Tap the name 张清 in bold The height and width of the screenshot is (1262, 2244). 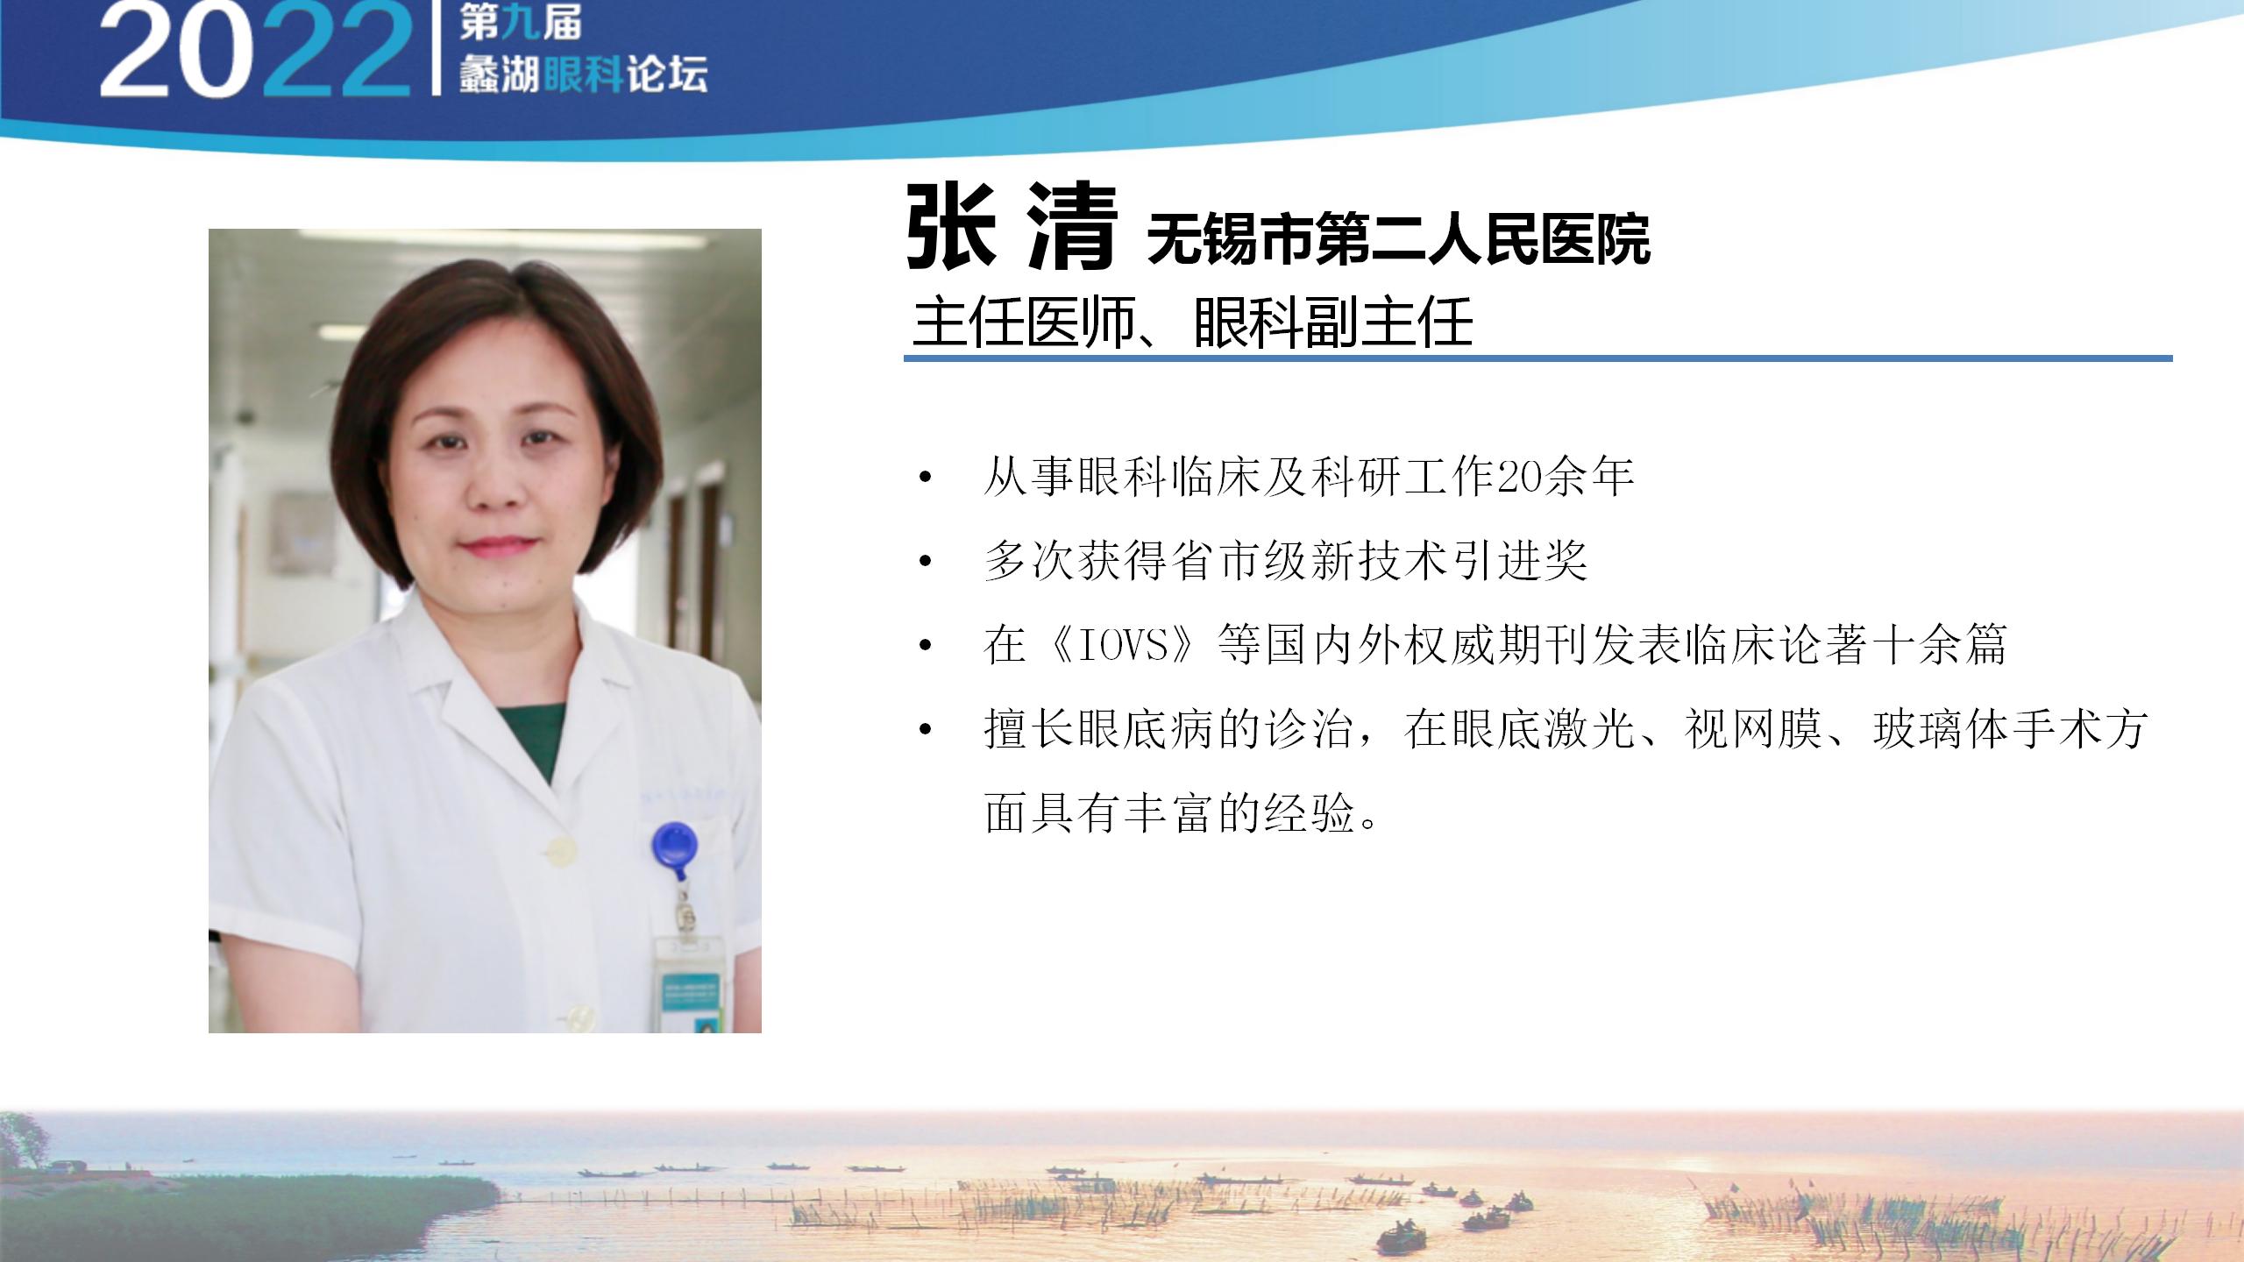1012,228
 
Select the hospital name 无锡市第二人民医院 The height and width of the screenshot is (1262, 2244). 1399,239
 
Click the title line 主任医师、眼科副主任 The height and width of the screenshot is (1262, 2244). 1192,323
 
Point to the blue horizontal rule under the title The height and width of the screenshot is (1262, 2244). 1538,358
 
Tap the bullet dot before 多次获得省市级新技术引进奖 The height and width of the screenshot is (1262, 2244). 925,561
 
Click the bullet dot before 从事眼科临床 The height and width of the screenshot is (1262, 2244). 925,479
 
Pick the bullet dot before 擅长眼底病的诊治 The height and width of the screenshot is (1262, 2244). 925,729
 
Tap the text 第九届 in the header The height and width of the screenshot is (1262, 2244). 521,24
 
